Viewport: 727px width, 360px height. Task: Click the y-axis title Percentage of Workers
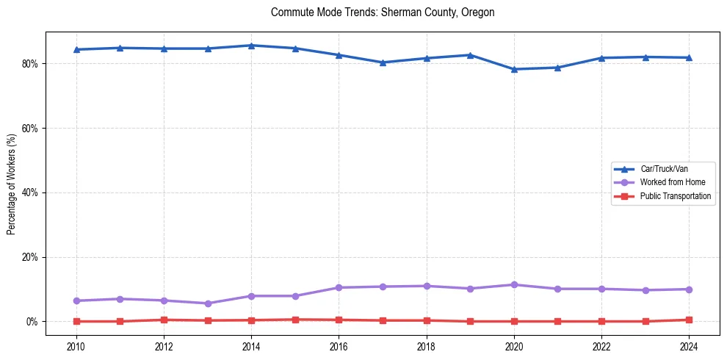pos(12,184)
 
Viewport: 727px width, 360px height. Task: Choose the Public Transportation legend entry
pos(675,196)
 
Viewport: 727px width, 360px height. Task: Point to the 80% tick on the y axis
pos(32,64)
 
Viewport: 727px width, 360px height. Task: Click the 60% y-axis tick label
pos(32,128)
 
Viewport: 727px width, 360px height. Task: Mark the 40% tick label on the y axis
pos(32,192)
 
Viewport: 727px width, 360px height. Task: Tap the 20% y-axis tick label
pos(32,257)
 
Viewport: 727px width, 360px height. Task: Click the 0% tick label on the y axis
pos(34,322)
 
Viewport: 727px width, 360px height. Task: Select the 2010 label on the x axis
pos(76,346)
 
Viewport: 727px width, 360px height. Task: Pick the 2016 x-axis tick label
pos(339,346)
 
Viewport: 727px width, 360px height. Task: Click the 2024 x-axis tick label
pos(689,346)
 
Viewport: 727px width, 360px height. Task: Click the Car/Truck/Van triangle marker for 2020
pos(514,69)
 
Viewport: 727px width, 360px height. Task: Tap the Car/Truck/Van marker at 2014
pos(251,46)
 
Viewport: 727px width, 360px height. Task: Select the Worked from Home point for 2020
pos(514,284)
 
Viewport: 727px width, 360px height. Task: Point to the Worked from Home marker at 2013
pos(208,303)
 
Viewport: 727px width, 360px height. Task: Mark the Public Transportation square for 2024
pos(689,320)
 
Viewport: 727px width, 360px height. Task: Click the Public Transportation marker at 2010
pos(76,321)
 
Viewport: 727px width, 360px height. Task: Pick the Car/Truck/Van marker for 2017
pos(383,62)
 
